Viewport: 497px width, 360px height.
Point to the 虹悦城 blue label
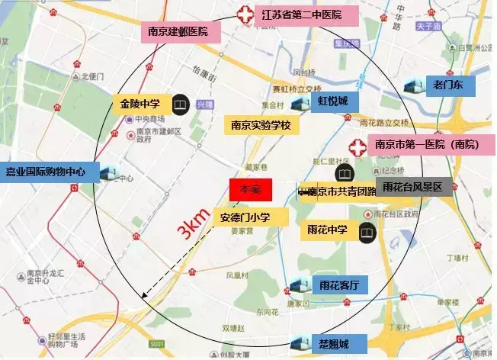[332, 101]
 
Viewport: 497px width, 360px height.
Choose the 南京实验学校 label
[261, 124]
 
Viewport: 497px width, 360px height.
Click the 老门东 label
[449, 85]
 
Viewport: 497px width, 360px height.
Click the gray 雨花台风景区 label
[417, 188]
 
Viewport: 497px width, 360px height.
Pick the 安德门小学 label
[251, 217]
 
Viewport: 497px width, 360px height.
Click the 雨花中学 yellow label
[327, 230]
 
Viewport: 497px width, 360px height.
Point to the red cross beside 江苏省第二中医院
[245, 14]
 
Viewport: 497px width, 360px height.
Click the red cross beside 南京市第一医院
[356, 146]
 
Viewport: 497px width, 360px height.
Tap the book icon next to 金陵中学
[180, 103]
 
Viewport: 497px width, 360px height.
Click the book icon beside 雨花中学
[367, 231]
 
